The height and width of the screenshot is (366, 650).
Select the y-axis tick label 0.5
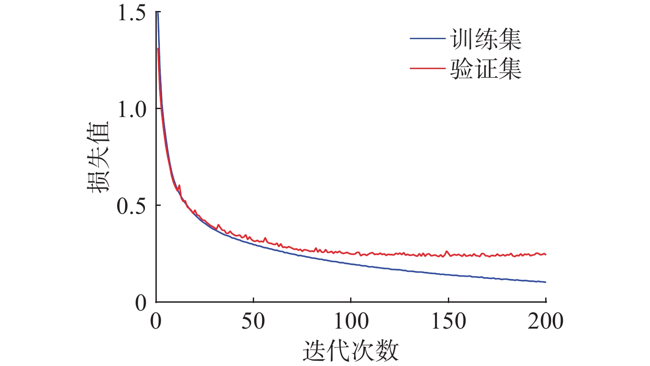131,206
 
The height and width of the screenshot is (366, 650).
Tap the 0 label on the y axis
140,303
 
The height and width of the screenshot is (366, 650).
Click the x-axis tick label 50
253,322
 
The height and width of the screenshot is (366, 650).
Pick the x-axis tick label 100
351,322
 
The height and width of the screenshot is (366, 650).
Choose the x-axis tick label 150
448,322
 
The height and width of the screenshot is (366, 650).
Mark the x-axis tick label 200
546,322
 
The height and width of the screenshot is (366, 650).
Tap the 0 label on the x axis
156,322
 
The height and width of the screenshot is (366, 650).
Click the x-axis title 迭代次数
351,351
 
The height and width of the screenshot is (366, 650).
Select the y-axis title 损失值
97,157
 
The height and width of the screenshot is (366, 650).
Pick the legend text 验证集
486,69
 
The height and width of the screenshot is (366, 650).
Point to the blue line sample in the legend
427,39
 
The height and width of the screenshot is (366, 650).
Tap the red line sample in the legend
427,69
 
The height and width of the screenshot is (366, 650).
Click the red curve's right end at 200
545,254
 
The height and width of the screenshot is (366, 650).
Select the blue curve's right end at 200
545,282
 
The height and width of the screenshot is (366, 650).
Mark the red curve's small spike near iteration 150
447,252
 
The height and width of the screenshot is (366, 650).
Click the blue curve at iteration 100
351,264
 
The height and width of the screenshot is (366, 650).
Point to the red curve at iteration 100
351,253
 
